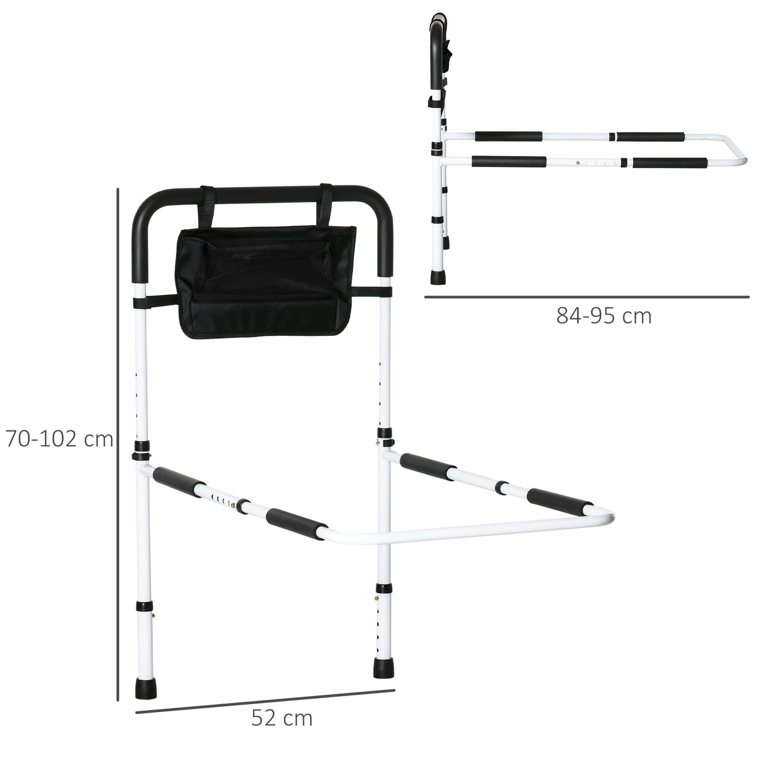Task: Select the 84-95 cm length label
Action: click(603, 316)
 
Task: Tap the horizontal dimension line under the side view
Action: click(586, 297)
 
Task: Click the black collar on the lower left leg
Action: click(142, 607)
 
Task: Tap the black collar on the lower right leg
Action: click(383, 588)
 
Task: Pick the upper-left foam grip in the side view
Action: click(508, 136)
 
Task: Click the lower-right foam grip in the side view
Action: click(670, 162)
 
